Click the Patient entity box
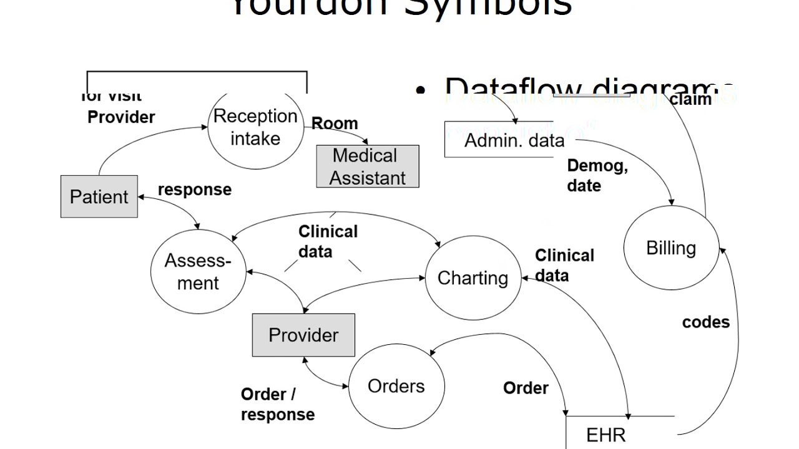[99, 196]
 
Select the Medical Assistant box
[368, 167]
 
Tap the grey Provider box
[303, 335]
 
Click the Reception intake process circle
[255, 128]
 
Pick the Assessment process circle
[198, 272]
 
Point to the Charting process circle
[473, 278]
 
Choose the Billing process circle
[671, 248]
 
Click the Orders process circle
[396, 386]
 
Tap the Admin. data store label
[514, 140]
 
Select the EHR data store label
[605, 435]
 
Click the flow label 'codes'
[705, 322]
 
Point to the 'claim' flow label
[690, 100]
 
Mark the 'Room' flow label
[335, 123]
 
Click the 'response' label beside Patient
[195, 190]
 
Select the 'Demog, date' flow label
[597, 176]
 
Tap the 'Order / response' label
[277, 404]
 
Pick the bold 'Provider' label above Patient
[121, 117]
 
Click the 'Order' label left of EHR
[526, 388]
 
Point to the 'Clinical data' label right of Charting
[564, 266]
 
